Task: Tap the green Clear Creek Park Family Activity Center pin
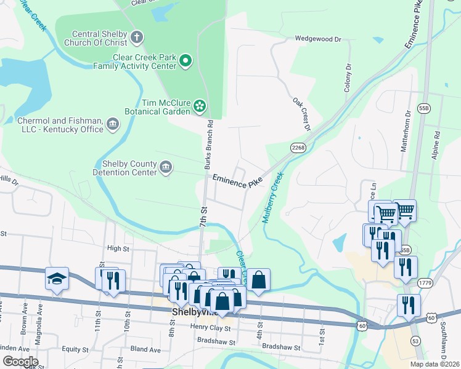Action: tap(186, 60)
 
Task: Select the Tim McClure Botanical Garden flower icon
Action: tap(200, 106)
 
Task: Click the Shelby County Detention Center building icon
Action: tap(165, 168)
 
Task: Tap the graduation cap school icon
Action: tap(57, 279)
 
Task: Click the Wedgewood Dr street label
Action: tap(317, 39)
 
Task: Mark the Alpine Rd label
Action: tap(436, 145)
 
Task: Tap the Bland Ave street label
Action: tap(145, 349)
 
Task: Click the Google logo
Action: tap(20, 362)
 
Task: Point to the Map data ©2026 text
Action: tap(434, 364)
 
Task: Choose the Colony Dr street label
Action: tap(348, 77)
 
